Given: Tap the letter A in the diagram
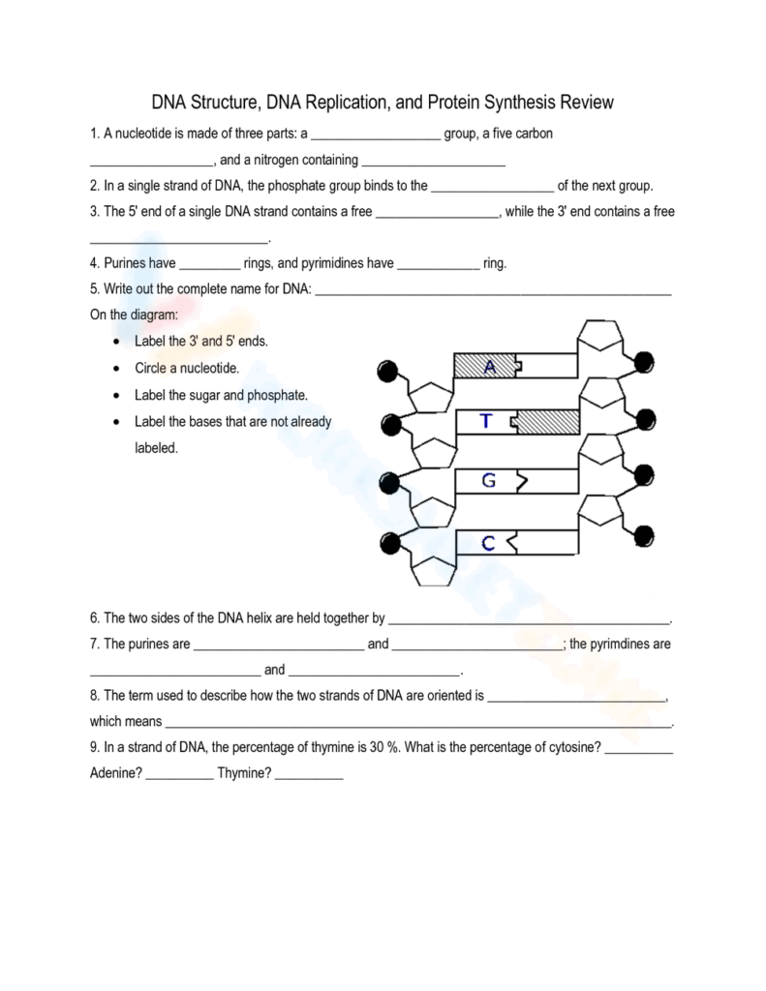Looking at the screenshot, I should click(x=489, y=366).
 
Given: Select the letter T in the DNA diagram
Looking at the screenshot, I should click(x=486, y=421).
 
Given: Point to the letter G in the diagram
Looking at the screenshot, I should click(x=488, y=479).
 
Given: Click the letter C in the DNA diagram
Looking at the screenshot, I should click(x=488, y=544).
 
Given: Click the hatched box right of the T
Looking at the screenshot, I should click(x=549, y=422).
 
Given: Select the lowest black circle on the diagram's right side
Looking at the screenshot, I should click(x=643, y=535).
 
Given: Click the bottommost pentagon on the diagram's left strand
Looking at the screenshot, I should click(x=429, y=570).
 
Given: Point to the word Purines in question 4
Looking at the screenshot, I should click(x=126, y=262).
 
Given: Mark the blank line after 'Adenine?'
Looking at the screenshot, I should click(x=180, y=774).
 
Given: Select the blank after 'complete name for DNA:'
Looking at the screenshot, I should click(x=493, y=288).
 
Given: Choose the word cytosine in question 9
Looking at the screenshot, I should click(x=572, y=748).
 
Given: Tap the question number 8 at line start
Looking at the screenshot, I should click(x=94, y=696).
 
